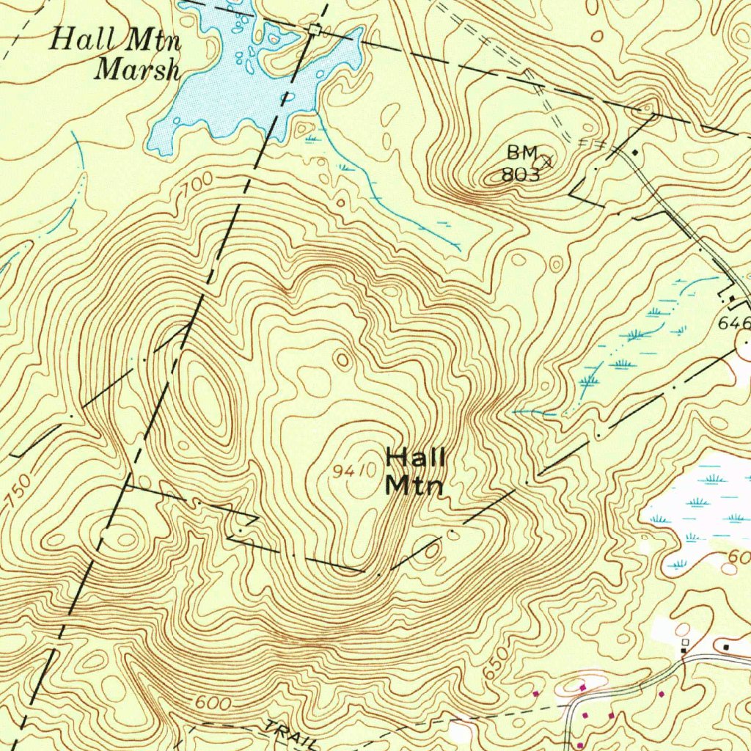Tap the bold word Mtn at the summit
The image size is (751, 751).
[x=414, y=485]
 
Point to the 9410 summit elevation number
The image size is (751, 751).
[x=353, y=472]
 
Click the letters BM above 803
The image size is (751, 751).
[x=522, y=153]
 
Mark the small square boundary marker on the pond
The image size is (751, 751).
[x=315, y=29]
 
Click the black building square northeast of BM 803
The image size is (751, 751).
[x=635, y=153]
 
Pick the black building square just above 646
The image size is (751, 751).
[x=732, y=298]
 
